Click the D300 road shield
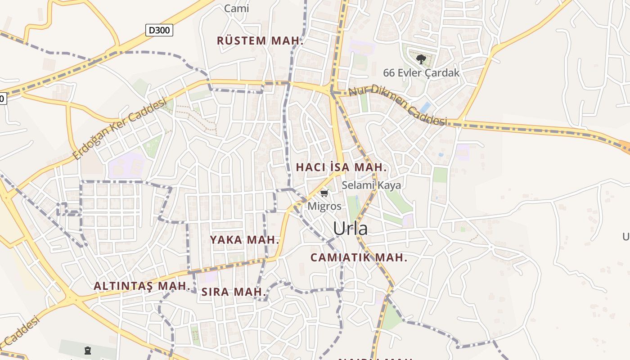[x=159, y=30]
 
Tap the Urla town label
[x=350, y=229]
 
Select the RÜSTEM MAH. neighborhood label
[x=260, y=40]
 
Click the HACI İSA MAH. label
[x=341, y=167]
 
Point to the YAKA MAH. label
[x=245, y=240]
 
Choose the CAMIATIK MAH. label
[x=359, y=258]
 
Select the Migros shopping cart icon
[x=324, y=193]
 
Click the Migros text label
[x=324, y=206]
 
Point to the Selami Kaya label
[x=371, y=185]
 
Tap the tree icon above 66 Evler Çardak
[x=421, y=59]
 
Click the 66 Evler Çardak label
[x=421, y=72]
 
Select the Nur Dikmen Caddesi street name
[x=398, y=105]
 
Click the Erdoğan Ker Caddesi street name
[x=120, y=130]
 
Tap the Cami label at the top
[x=236, y=8]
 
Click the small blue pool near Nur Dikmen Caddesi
[x=425, y=107]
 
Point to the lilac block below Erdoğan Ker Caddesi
[x=126, y=165]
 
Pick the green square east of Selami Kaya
[x=440, y=175]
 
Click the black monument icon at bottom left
[x=87, y=350]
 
